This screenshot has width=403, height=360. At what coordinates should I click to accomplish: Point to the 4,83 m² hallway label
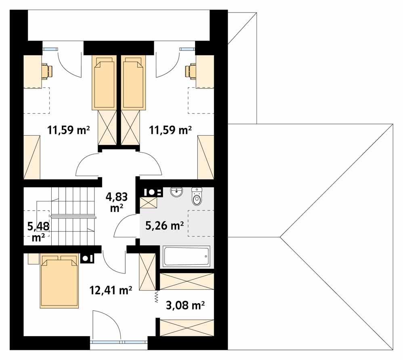point(117,201)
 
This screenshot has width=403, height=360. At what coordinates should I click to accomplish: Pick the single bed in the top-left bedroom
point(105,83)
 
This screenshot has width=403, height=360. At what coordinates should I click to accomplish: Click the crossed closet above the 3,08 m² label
point(187,281)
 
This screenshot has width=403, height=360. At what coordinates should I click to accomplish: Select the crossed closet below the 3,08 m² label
point(187,327)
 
